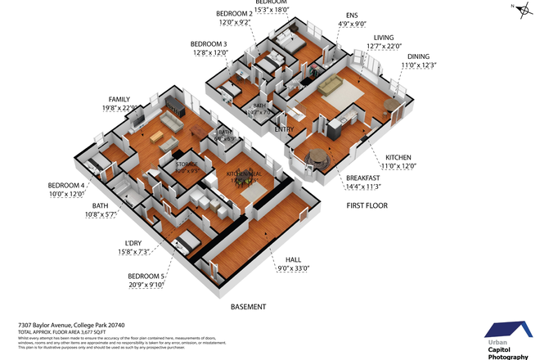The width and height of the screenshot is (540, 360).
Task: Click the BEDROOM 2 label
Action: tap(234, 14)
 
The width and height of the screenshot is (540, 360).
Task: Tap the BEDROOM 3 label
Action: tap(209, 44)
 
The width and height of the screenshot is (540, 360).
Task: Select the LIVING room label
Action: tap(384, 38)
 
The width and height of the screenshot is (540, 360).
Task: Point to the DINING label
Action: tap(418, 56)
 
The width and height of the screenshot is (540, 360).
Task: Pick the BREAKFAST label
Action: tap(362, 178)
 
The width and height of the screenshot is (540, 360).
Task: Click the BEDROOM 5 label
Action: tap(146, 277)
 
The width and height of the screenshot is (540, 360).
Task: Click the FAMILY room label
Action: tap(119, 99)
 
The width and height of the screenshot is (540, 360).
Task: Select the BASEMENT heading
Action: tap(248, 307)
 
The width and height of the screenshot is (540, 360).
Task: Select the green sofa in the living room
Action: tap(332, 86)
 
